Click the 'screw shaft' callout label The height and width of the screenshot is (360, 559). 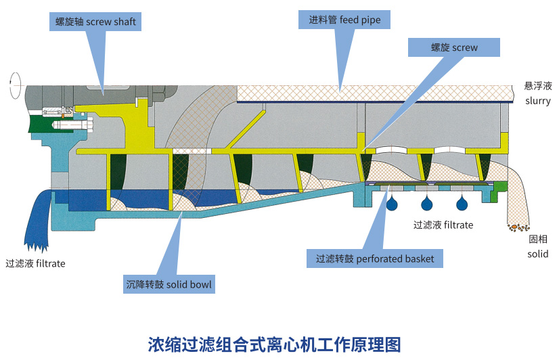(x=95, y=22)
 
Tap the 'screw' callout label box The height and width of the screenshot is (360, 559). (x=454, y=47)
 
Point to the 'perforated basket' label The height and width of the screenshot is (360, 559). (x=375, y=258)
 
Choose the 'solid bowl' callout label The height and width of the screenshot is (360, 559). (x=169, y=285)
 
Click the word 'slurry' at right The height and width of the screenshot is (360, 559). (x=538, y=101)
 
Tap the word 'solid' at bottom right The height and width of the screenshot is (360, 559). (x=538, y=254)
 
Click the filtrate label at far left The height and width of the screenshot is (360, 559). (x=35, y=263)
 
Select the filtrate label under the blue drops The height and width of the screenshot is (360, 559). (x=443, y=225)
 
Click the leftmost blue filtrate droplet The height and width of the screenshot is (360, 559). (x=391, y=204)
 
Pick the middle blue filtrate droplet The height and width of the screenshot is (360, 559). (x=427, y=204)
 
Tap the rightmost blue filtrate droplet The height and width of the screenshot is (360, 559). (x=462, y=204)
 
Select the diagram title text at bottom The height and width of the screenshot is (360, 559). (x=274, y=343)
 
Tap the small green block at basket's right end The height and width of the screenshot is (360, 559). (x=500, y=186)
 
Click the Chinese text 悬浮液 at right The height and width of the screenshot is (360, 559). (x=538, y=86)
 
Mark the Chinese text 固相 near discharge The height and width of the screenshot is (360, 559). (x=538, y=240)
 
